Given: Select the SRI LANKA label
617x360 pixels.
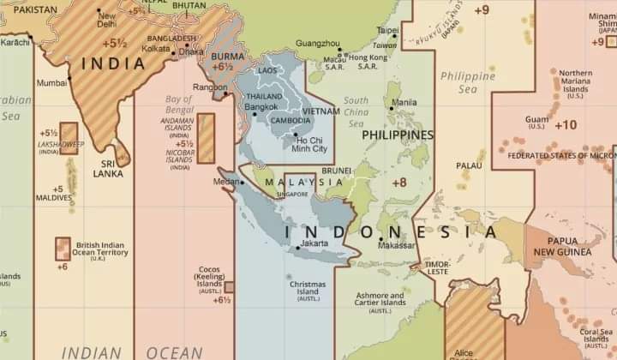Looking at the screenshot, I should click(x=109, y=168).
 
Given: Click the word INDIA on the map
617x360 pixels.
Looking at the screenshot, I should click(x=112, y=63).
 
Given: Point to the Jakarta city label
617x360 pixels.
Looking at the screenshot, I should click(x=315, y=244).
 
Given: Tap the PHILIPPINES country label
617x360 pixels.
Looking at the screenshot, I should click(x=397, y=135).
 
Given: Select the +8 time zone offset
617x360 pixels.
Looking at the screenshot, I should click(x=399, y=183).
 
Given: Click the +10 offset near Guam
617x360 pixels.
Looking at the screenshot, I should click(x=566, y=125).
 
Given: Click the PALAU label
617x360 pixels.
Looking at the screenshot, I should click(x=469, y=165).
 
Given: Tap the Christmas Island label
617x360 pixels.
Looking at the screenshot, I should click(x=308, y=288).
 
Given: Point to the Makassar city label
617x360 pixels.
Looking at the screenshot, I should click(x=398, y=245).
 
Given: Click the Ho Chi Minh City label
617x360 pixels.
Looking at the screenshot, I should click(x=310, y=144).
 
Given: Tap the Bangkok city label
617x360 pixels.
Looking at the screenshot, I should click(x=261, y=107).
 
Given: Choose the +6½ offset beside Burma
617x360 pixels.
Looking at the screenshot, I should click(x=222, y=66).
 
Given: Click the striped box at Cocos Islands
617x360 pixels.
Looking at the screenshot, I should click(x=229, y=286).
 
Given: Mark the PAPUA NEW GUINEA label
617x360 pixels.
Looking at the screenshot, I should click(x=562, y=247).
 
